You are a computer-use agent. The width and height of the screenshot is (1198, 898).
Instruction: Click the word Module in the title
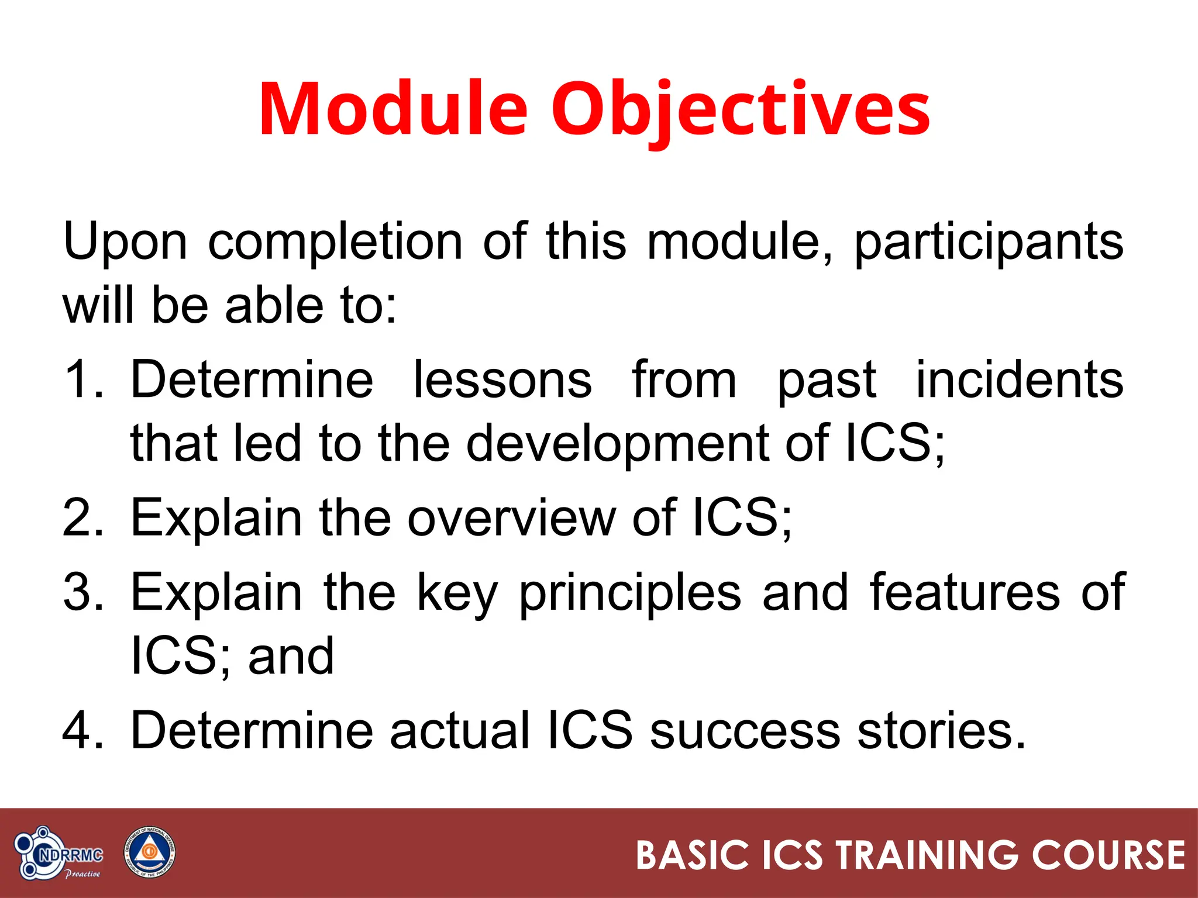click(x=393, y=109)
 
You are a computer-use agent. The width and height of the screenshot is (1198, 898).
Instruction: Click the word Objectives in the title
click(x=740, y=109)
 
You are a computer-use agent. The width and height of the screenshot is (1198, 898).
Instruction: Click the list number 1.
click(x=82, y=379)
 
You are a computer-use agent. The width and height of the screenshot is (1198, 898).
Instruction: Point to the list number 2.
click(x=82, y=517)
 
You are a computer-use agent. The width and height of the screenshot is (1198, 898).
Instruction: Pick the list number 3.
click(x=82, y=592)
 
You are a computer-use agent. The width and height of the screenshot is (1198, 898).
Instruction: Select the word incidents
click(x=1019, y=379)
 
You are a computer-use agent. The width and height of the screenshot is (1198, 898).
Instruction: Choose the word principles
click(x=630, y=593)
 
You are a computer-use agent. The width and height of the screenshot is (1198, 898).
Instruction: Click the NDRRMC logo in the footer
click(x=58, y=854)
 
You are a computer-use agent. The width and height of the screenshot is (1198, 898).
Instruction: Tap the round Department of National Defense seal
click(x=149, y=853)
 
